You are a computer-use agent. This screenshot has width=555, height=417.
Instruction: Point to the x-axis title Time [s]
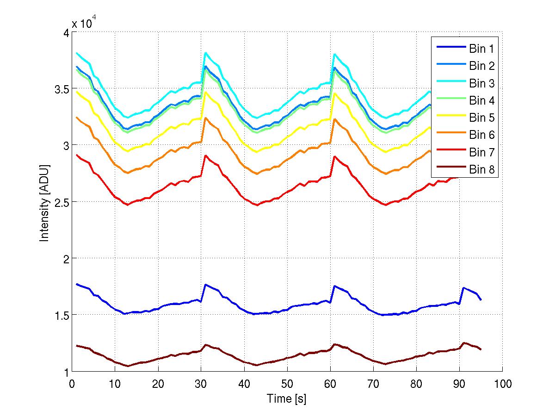point(286,398)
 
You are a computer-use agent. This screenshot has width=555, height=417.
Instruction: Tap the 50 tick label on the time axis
point(287,384)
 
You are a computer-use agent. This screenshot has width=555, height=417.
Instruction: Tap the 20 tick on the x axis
point(158,384)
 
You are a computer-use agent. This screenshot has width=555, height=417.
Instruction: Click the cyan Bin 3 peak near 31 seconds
point(205,53)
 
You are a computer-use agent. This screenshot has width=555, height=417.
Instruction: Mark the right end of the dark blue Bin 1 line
point(481,300)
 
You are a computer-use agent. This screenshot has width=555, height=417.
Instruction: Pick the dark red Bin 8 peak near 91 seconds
point(463,343)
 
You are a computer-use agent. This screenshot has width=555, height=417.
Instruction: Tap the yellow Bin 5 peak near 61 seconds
point(334,93)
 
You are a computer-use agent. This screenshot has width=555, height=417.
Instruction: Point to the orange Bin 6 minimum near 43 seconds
point(257,174)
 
